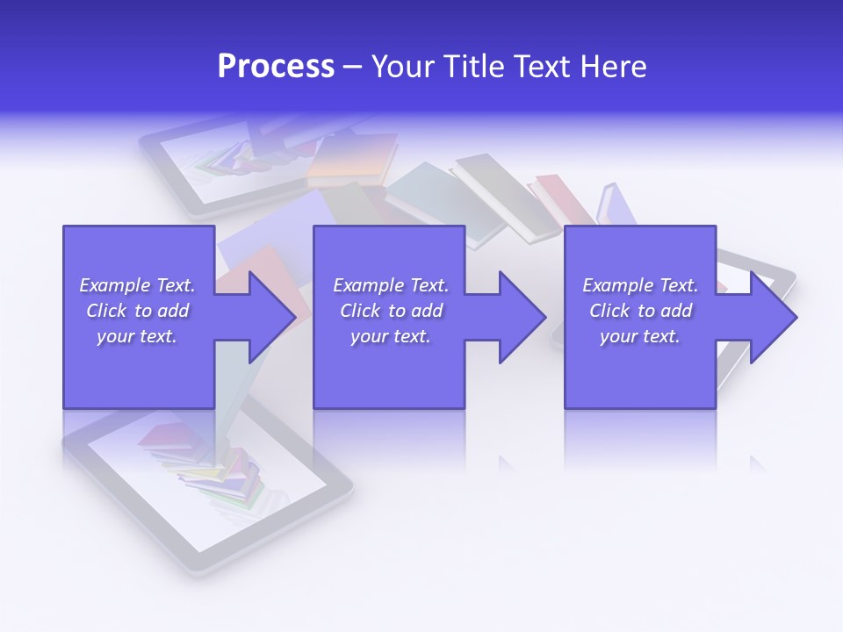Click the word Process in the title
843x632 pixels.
click(276, 67)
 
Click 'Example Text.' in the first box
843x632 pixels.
click(137, 285)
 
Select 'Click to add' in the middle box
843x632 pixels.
click(391, 311)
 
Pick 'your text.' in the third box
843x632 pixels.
click(640, 336)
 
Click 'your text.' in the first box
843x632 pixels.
click(137, 336)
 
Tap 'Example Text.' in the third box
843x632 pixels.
click(640, 285)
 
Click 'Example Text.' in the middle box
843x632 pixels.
click(391, 285)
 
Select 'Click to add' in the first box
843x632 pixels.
click(137, 311)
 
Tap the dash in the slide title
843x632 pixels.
click(353, 67)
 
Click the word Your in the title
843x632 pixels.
click(402, 67)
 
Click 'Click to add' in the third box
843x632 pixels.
click(640, 311)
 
